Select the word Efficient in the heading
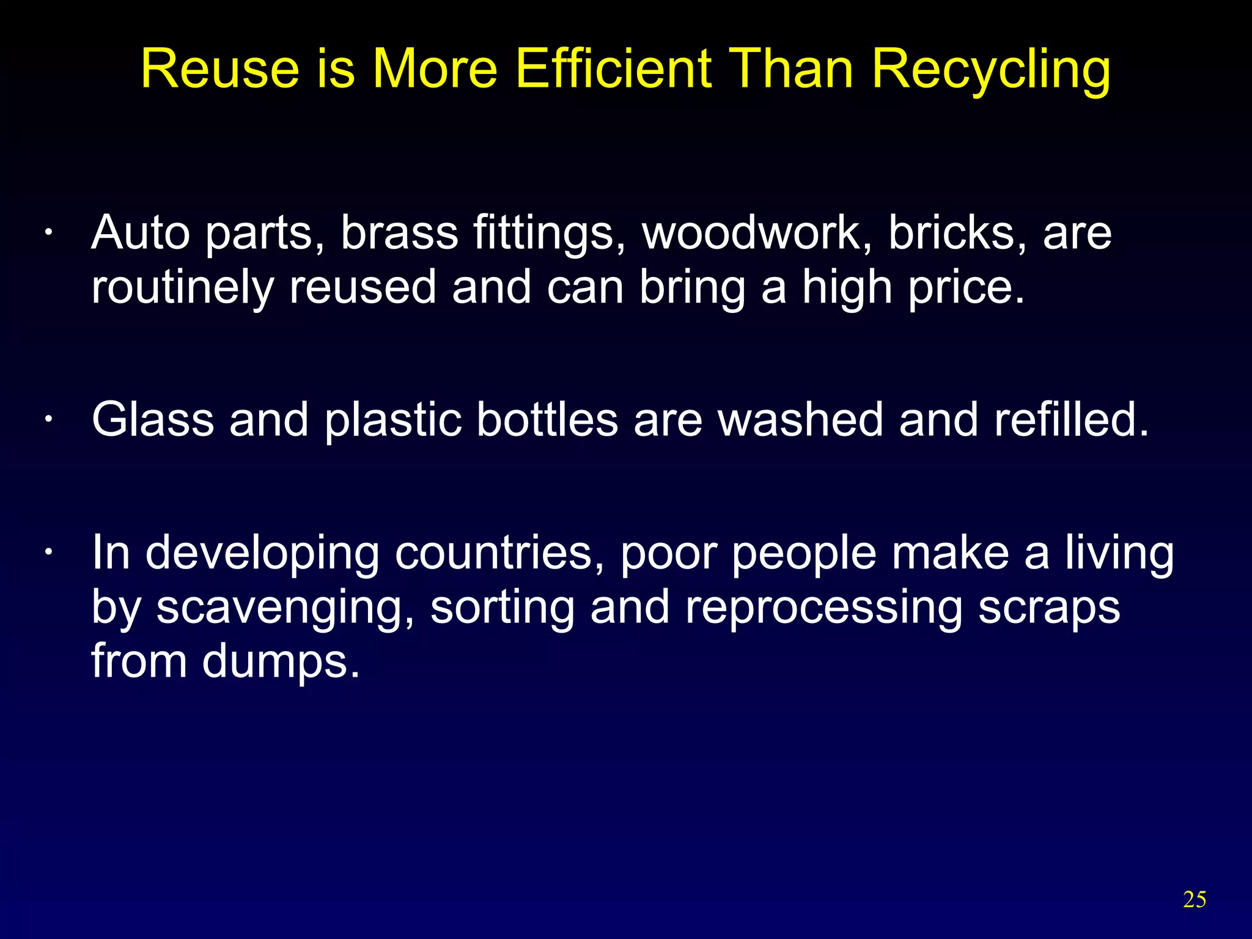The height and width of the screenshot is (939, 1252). click(x=614, y=68)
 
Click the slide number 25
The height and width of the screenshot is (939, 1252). click(x=1195, y=899)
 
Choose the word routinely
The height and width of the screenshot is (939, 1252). click(x=182, y=288)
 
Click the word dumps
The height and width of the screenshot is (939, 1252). click(x=281, y=662)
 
